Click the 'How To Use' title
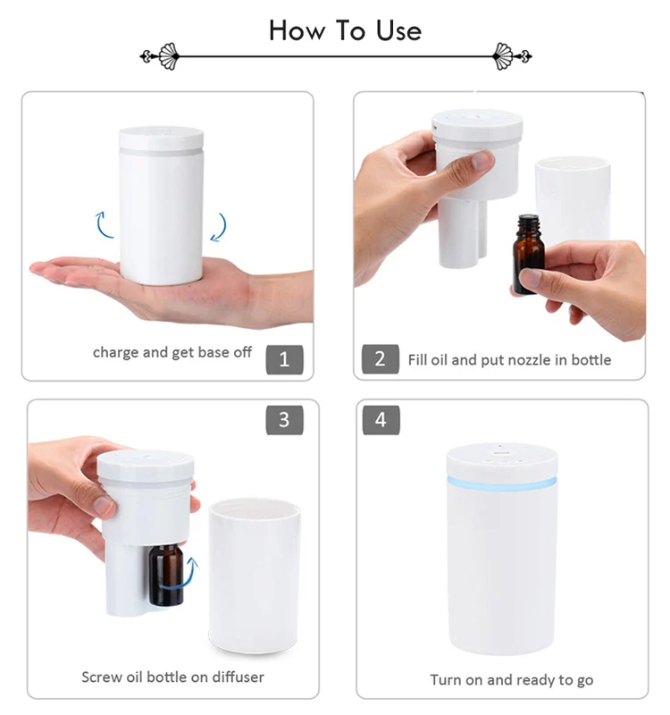345,30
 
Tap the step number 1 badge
284,359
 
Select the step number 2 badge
380,359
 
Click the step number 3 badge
284,419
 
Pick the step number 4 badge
381,419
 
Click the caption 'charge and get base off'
172,352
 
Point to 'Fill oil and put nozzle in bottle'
509,359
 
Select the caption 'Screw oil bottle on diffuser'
172,677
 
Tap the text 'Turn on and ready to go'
511,680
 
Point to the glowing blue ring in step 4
501,481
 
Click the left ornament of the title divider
164,56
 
